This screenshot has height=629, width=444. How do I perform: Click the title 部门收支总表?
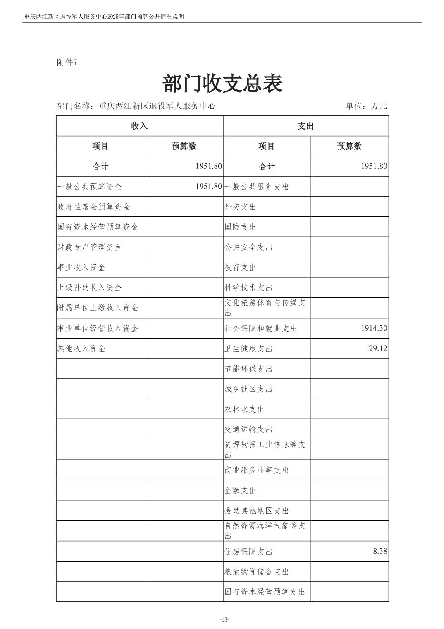tap(222, 84)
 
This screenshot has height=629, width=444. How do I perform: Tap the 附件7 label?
tap(67, 62)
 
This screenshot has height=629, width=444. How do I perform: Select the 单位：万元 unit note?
tap(366, 106)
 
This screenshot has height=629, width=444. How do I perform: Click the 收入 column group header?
tap(139, 126)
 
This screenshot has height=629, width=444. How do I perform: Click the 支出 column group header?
tap(306, 126)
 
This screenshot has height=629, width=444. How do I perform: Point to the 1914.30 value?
tap(374, 328)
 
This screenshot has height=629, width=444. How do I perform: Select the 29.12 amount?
tap(378, 348)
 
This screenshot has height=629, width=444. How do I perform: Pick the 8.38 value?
tap(380, 551)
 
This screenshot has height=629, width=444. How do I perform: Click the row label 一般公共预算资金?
tap(90, 187)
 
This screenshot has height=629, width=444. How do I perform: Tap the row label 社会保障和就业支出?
tap(261, 329)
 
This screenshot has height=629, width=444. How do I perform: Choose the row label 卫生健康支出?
tap(248, 349)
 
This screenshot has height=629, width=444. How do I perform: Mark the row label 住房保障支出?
tap(248, 552)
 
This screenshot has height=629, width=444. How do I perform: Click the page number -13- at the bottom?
tap(224, 619)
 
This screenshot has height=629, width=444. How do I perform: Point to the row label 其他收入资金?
tap(81, 349)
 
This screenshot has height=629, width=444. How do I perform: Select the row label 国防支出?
tap(240, 227)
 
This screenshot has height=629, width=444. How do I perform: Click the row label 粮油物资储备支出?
tap(257, 572)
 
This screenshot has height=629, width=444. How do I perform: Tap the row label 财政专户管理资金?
tap(90, 247)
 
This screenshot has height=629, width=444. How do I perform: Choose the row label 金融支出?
tap(240, 491)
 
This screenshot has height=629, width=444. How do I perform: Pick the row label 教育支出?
tap(240, 268)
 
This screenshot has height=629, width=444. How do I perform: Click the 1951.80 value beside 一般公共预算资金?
tap(209, 187)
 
